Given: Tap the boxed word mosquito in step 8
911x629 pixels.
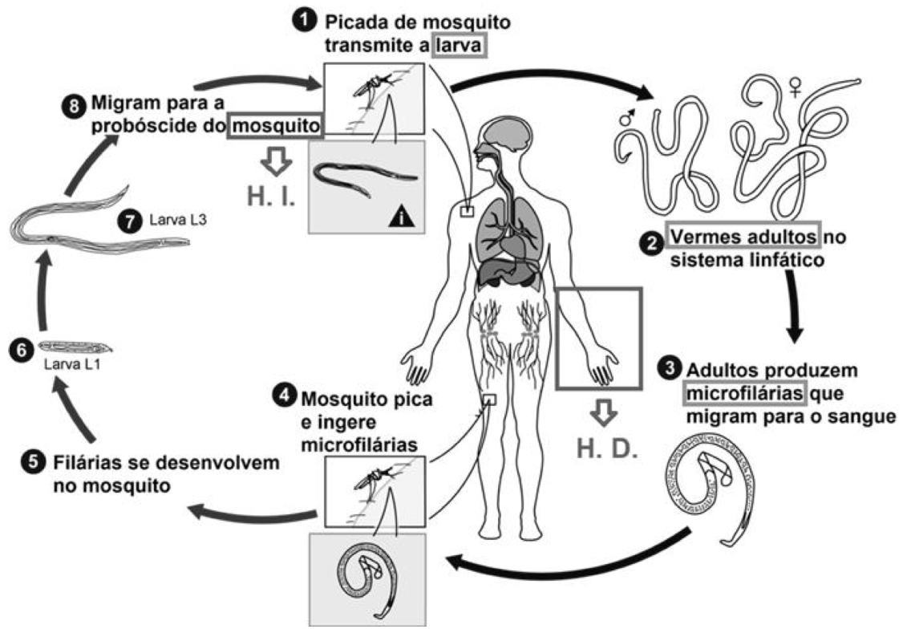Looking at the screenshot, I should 277,125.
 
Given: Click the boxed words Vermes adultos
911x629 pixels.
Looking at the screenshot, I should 744,238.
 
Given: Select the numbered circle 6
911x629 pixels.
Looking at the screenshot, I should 19,348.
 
